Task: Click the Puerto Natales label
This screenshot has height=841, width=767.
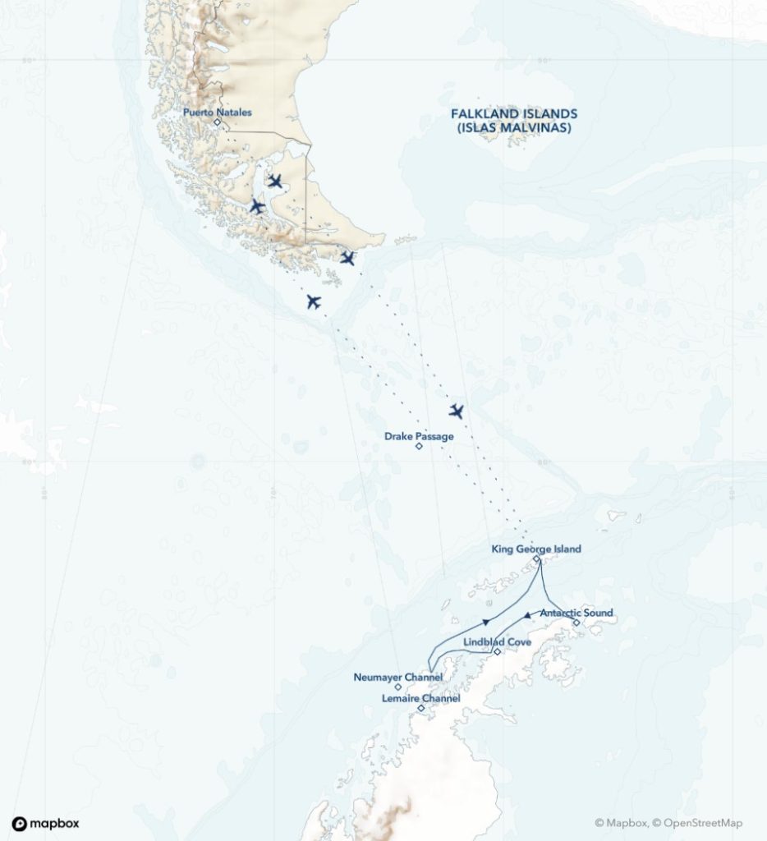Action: [x=217, y=112]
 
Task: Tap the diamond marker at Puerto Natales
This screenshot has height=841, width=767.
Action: [x=217, y=122]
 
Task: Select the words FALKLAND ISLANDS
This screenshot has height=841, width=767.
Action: [x=514, y=114]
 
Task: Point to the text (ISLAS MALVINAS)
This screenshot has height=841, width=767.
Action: [x=514, y=129]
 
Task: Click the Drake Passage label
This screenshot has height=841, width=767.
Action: [x=419, y=436]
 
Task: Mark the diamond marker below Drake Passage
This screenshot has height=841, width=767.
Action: [x=419, y=447]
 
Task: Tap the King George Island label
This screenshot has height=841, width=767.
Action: [x=535, y=549]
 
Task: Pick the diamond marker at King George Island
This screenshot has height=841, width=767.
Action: [x=536, y=559]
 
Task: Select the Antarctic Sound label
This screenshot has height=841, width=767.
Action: [x=576, y=613]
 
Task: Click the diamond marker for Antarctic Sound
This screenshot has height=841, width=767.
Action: [x=576, y=623]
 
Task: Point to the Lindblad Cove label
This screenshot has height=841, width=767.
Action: [x=498, y=641]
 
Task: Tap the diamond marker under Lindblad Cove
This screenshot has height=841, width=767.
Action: [x=498, y=652]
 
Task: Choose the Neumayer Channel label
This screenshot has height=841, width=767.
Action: [x=398, y=677]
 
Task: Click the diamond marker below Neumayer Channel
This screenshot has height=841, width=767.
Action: [x=398, y=687]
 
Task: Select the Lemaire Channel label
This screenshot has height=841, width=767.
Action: [x=421, y=697]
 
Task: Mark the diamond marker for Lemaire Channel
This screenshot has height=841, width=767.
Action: [x=421, y=708]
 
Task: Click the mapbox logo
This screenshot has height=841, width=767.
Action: [x=46, y=824]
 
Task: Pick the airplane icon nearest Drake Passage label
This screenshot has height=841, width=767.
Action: [x=457, y=411]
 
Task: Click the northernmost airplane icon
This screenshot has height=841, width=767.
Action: [x=275, y=181]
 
